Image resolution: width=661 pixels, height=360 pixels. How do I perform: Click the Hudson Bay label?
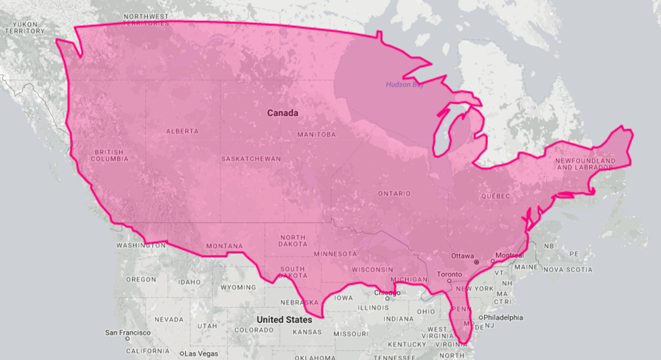click(405, 85)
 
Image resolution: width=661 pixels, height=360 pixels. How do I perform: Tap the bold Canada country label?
click(282, 113)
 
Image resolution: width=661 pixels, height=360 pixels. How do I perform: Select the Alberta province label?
click(182, 131)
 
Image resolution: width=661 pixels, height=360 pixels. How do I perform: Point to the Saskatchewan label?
click(251, 159)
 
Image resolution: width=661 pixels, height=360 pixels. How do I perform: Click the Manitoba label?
click(317, 134)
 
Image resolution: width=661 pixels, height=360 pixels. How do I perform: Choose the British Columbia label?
click(109, 155)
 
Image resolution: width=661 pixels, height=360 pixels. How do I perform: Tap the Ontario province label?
click(394, 194)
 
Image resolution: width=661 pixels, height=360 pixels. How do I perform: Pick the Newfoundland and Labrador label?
click(585, 164)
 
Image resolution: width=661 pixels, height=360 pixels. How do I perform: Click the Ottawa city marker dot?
click(477, 262)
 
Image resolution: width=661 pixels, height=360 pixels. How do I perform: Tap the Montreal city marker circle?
click(493, 262)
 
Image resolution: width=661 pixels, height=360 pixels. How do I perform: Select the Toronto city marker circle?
click(449, 280)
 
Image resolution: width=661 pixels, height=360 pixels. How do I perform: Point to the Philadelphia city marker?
click(481, 318)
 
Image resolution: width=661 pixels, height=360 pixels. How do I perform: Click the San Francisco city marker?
click(127, 339)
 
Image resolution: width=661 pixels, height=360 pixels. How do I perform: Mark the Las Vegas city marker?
click(182, 354)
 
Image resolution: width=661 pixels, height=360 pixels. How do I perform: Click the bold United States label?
click(284, 320)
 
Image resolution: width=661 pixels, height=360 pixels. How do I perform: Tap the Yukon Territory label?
click(25, 27)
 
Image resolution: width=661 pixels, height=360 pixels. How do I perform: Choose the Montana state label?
click(224, 246)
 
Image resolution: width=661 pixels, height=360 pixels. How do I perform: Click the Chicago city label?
click(387, 293)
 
